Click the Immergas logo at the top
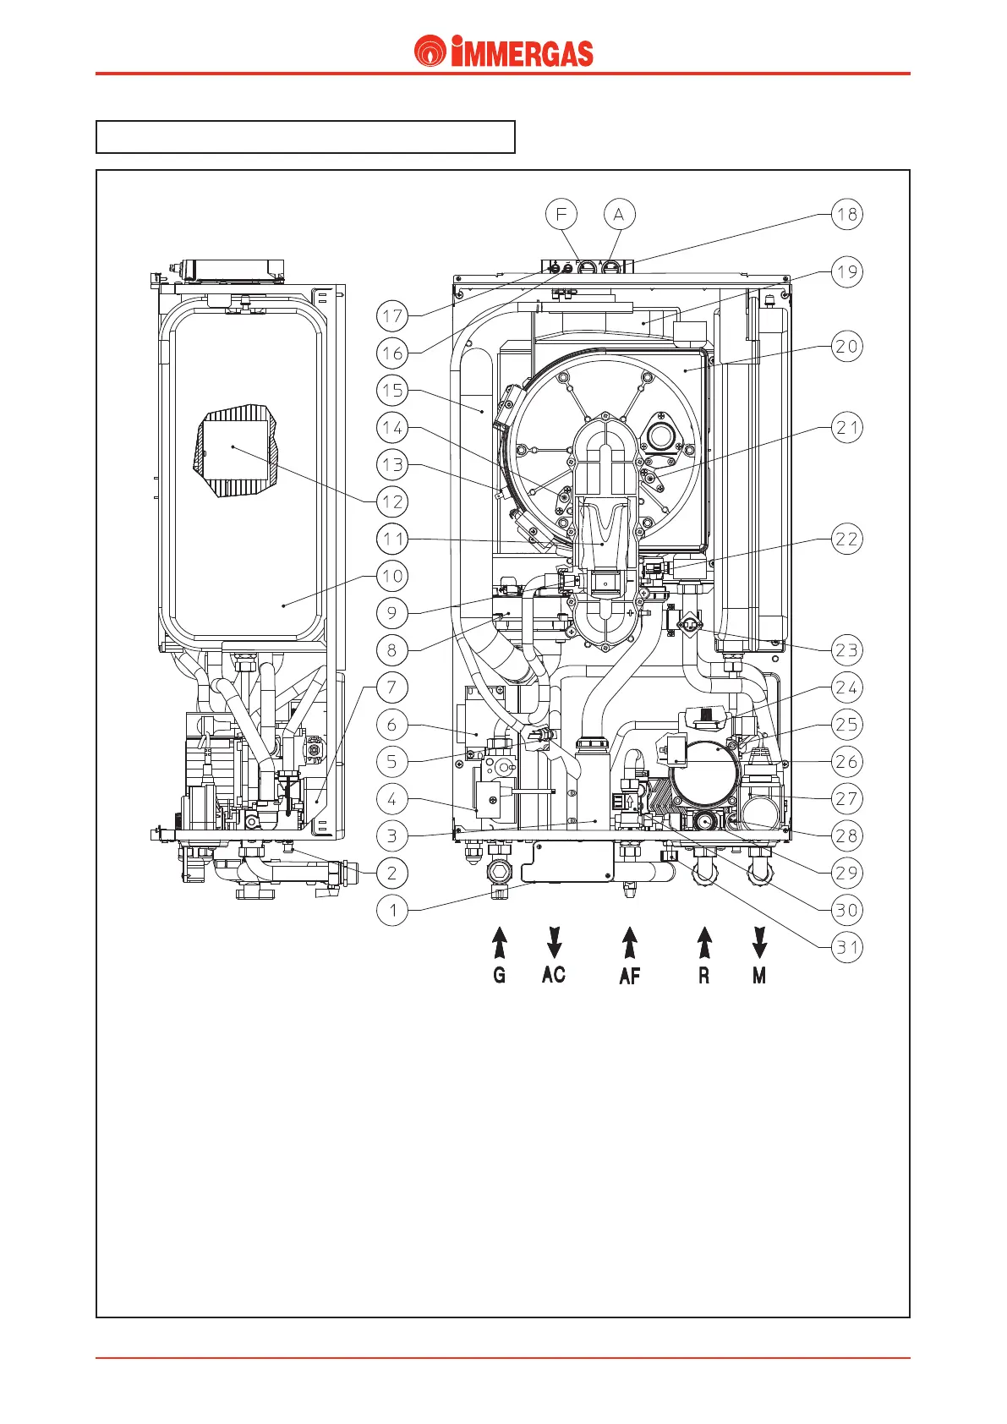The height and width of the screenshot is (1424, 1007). [504, 52]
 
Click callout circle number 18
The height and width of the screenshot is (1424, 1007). [846, 214]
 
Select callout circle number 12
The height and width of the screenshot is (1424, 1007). [391, 501]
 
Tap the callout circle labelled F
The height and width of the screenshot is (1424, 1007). [561, 214]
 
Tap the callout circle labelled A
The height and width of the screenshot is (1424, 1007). [619, 214]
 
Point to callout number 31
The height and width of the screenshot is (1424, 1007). [846, 947]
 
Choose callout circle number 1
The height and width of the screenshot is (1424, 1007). [391, 911]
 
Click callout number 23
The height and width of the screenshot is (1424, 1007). [846, 650]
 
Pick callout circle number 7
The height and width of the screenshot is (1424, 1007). [391, 687]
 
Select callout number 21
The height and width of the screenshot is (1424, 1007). [846, 428]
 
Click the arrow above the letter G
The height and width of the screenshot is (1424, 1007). [500, 943]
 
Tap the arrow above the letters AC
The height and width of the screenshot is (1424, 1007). [555, 942]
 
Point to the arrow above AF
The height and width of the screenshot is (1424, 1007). [630, 943]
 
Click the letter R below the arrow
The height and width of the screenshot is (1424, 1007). [704, 976]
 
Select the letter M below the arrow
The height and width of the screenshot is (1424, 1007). [759, 976]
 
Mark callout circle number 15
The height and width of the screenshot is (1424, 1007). [391, 391]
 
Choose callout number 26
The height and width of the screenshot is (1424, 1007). [846, 762]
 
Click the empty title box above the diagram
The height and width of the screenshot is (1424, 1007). [305, 137]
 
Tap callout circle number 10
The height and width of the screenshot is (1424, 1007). [391, 576]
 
